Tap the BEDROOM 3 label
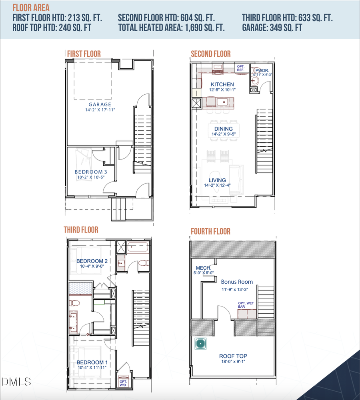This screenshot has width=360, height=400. [x=90, y=172]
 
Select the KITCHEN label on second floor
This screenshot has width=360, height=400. [x=222, y=84]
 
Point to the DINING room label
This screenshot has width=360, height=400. [x=223, y=129]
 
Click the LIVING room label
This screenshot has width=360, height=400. [x=217, y=180]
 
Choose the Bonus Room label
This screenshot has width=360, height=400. [x=237, y=282]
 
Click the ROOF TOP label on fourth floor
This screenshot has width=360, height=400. [x=233, y=356]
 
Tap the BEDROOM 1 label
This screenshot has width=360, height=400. [x=92, y=362]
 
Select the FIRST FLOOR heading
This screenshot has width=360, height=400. [x=84, y=54]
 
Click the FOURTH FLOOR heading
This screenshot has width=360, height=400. [x=210, y=231]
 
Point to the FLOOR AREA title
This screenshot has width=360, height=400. [x=31, y=8]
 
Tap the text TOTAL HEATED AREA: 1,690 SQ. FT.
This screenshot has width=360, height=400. [x=171, y=28]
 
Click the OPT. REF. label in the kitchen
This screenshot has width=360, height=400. [x=241, y=68]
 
